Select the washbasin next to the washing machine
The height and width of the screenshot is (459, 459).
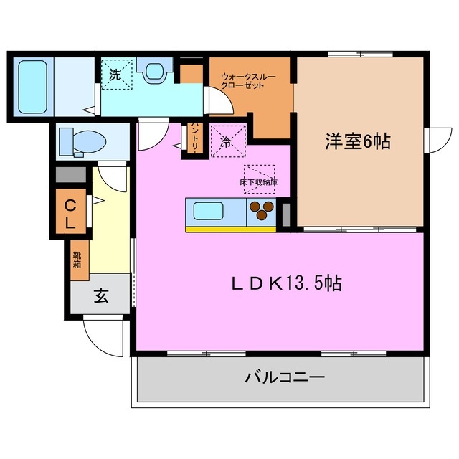(153, 71)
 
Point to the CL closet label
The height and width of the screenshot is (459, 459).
(70, 213)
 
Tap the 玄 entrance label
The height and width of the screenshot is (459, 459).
(101, 296)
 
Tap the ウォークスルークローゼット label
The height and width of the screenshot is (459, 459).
(247, 80)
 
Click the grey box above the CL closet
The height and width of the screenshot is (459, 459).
(70, 175)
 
